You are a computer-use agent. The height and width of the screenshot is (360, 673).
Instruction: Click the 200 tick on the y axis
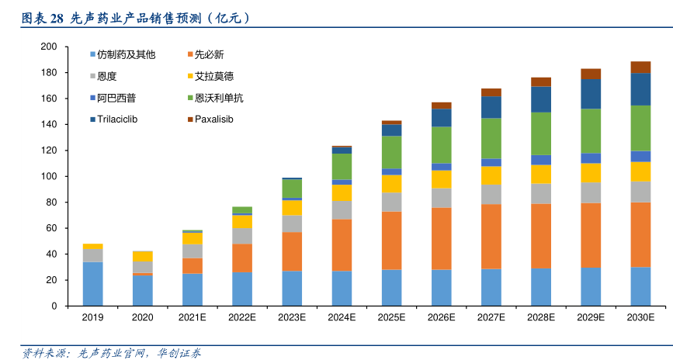48,47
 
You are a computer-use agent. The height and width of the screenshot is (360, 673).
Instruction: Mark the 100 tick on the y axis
48,176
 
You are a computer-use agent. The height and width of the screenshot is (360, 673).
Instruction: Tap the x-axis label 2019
92,318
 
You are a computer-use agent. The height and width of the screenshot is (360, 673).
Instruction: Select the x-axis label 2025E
391,318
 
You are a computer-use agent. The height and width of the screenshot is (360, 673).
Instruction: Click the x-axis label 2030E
640,318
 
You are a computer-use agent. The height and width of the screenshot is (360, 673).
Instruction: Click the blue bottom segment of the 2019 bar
93,284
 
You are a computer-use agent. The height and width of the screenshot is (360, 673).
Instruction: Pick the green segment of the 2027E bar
491,138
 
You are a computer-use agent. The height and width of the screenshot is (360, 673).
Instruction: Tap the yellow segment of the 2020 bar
143,257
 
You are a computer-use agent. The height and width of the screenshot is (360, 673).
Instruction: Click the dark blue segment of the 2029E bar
591,94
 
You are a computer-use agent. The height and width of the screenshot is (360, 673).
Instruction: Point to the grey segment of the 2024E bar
342,210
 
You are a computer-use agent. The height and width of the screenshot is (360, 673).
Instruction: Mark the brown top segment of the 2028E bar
541,81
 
